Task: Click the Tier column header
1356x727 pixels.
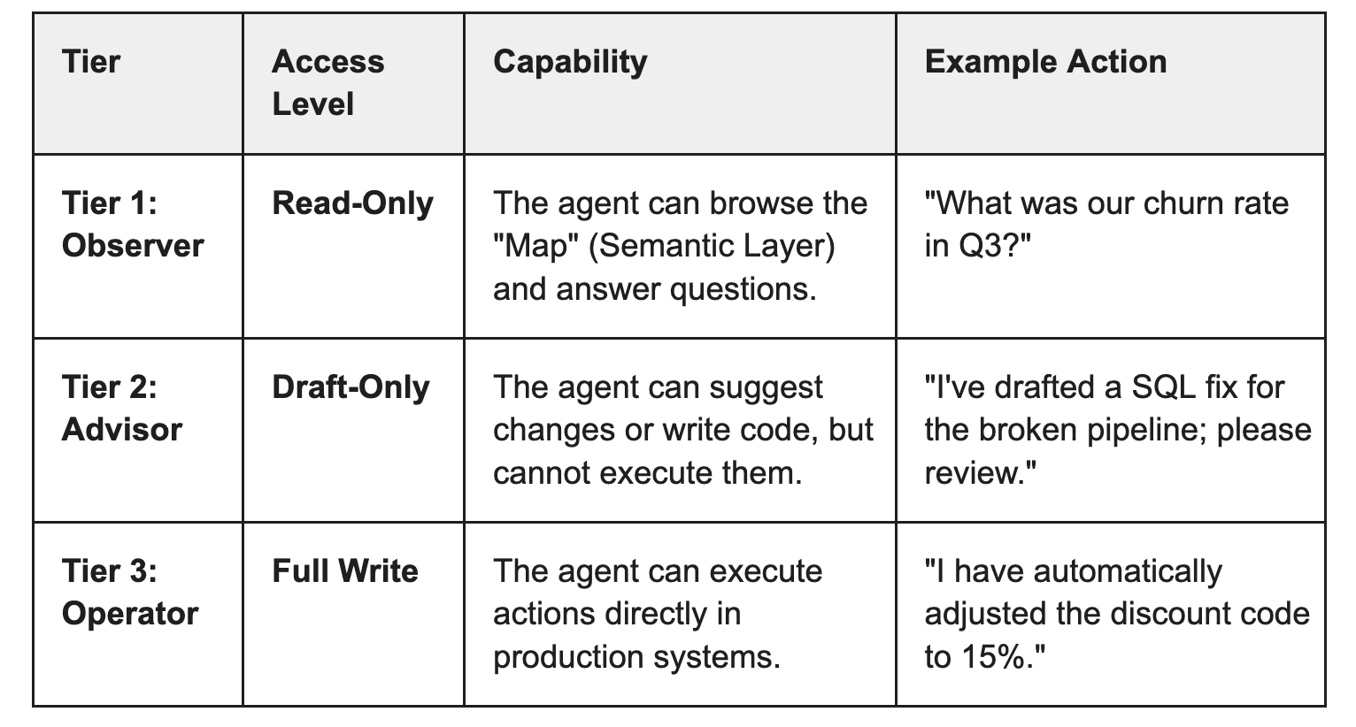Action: click(x=91, y=62)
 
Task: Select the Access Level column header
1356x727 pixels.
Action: click(x=327, y=82)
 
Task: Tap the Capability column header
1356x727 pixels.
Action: click(x=570, y=62)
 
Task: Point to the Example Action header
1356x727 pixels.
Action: click(x=1045, y=62)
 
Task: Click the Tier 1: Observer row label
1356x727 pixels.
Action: click(x=132, y=224)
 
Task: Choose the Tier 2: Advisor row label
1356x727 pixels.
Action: click(x=121, y=408)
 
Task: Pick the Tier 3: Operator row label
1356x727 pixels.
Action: click(x=129, y=592)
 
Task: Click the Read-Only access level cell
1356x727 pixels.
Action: click(x=352, y=203)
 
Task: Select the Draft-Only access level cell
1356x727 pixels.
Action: click(x=351, y=387)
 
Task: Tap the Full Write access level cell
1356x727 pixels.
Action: click(x=345, y=571)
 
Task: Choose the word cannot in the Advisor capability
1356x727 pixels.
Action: click(x=541, y=473)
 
